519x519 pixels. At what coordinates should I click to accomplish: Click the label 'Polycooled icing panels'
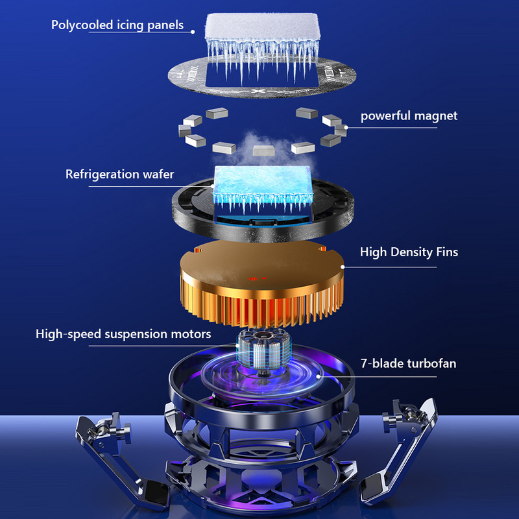tap(117, 25)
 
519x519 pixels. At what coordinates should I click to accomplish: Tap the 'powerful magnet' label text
tap(409, 116)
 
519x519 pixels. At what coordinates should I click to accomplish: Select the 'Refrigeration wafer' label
tap(120, 174)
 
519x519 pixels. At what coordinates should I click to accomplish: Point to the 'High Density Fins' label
tap(409, 252)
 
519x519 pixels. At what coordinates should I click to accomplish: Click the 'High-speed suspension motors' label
tap(123, 333)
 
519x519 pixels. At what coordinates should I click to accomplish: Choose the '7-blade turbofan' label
tap(409, 363)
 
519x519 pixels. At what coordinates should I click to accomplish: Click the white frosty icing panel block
tap(263, 27)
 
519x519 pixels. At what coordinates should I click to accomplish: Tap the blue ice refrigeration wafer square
tap(263, 185)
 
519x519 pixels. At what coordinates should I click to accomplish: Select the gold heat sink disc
tap(262, 282)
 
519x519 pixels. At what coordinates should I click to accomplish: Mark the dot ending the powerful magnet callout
tap(346, 127)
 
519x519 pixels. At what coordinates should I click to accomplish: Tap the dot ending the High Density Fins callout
tap(343, 267)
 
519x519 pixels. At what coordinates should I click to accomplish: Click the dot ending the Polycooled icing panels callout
tap(193, 32)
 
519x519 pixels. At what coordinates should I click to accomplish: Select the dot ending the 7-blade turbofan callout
tap(319, 376)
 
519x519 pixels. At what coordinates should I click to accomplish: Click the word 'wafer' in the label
tap(158, 174)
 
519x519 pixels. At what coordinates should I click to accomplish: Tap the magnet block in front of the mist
tap(264, 151)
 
